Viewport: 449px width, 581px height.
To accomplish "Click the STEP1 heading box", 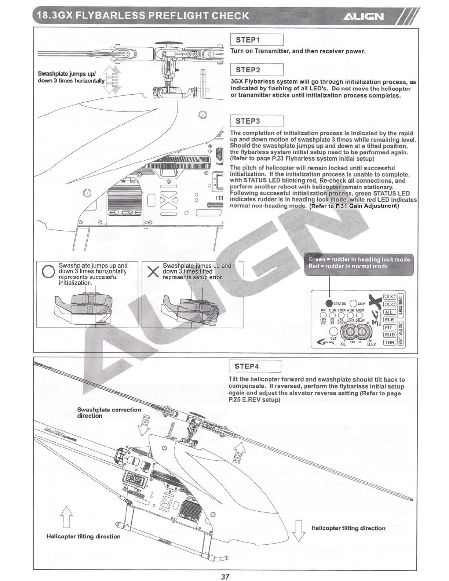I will coord(257,40).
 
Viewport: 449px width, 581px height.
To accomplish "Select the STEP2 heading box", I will coord(257,70).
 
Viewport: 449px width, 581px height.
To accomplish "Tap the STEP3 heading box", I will coord(257,121).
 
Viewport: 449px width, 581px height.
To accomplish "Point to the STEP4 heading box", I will coord(255,366).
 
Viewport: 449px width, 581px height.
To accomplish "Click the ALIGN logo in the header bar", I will coord(364,17).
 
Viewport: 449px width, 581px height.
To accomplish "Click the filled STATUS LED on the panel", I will coord(329,303).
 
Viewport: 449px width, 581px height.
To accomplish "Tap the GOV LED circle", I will coord(354,303).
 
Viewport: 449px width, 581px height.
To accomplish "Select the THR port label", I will coord(389,342).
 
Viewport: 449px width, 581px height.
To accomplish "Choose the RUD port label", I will coord(389,335).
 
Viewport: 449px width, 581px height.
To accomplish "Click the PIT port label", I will coord(389,327).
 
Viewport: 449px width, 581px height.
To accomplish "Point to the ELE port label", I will coord(389,319).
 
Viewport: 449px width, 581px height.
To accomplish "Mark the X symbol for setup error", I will coord(152,272).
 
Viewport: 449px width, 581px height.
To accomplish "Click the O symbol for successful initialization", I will coord(48,272).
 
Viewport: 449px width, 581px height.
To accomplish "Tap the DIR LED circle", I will coord(323,315).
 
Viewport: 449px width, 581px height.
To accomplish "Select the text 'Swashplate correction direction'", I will coord(109,413).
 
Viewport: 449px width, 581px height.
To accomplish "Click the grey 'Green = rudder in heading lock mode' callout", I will coord(359,263).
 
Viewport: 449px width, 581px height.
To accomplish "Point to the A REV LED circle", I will coord(360,315).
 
